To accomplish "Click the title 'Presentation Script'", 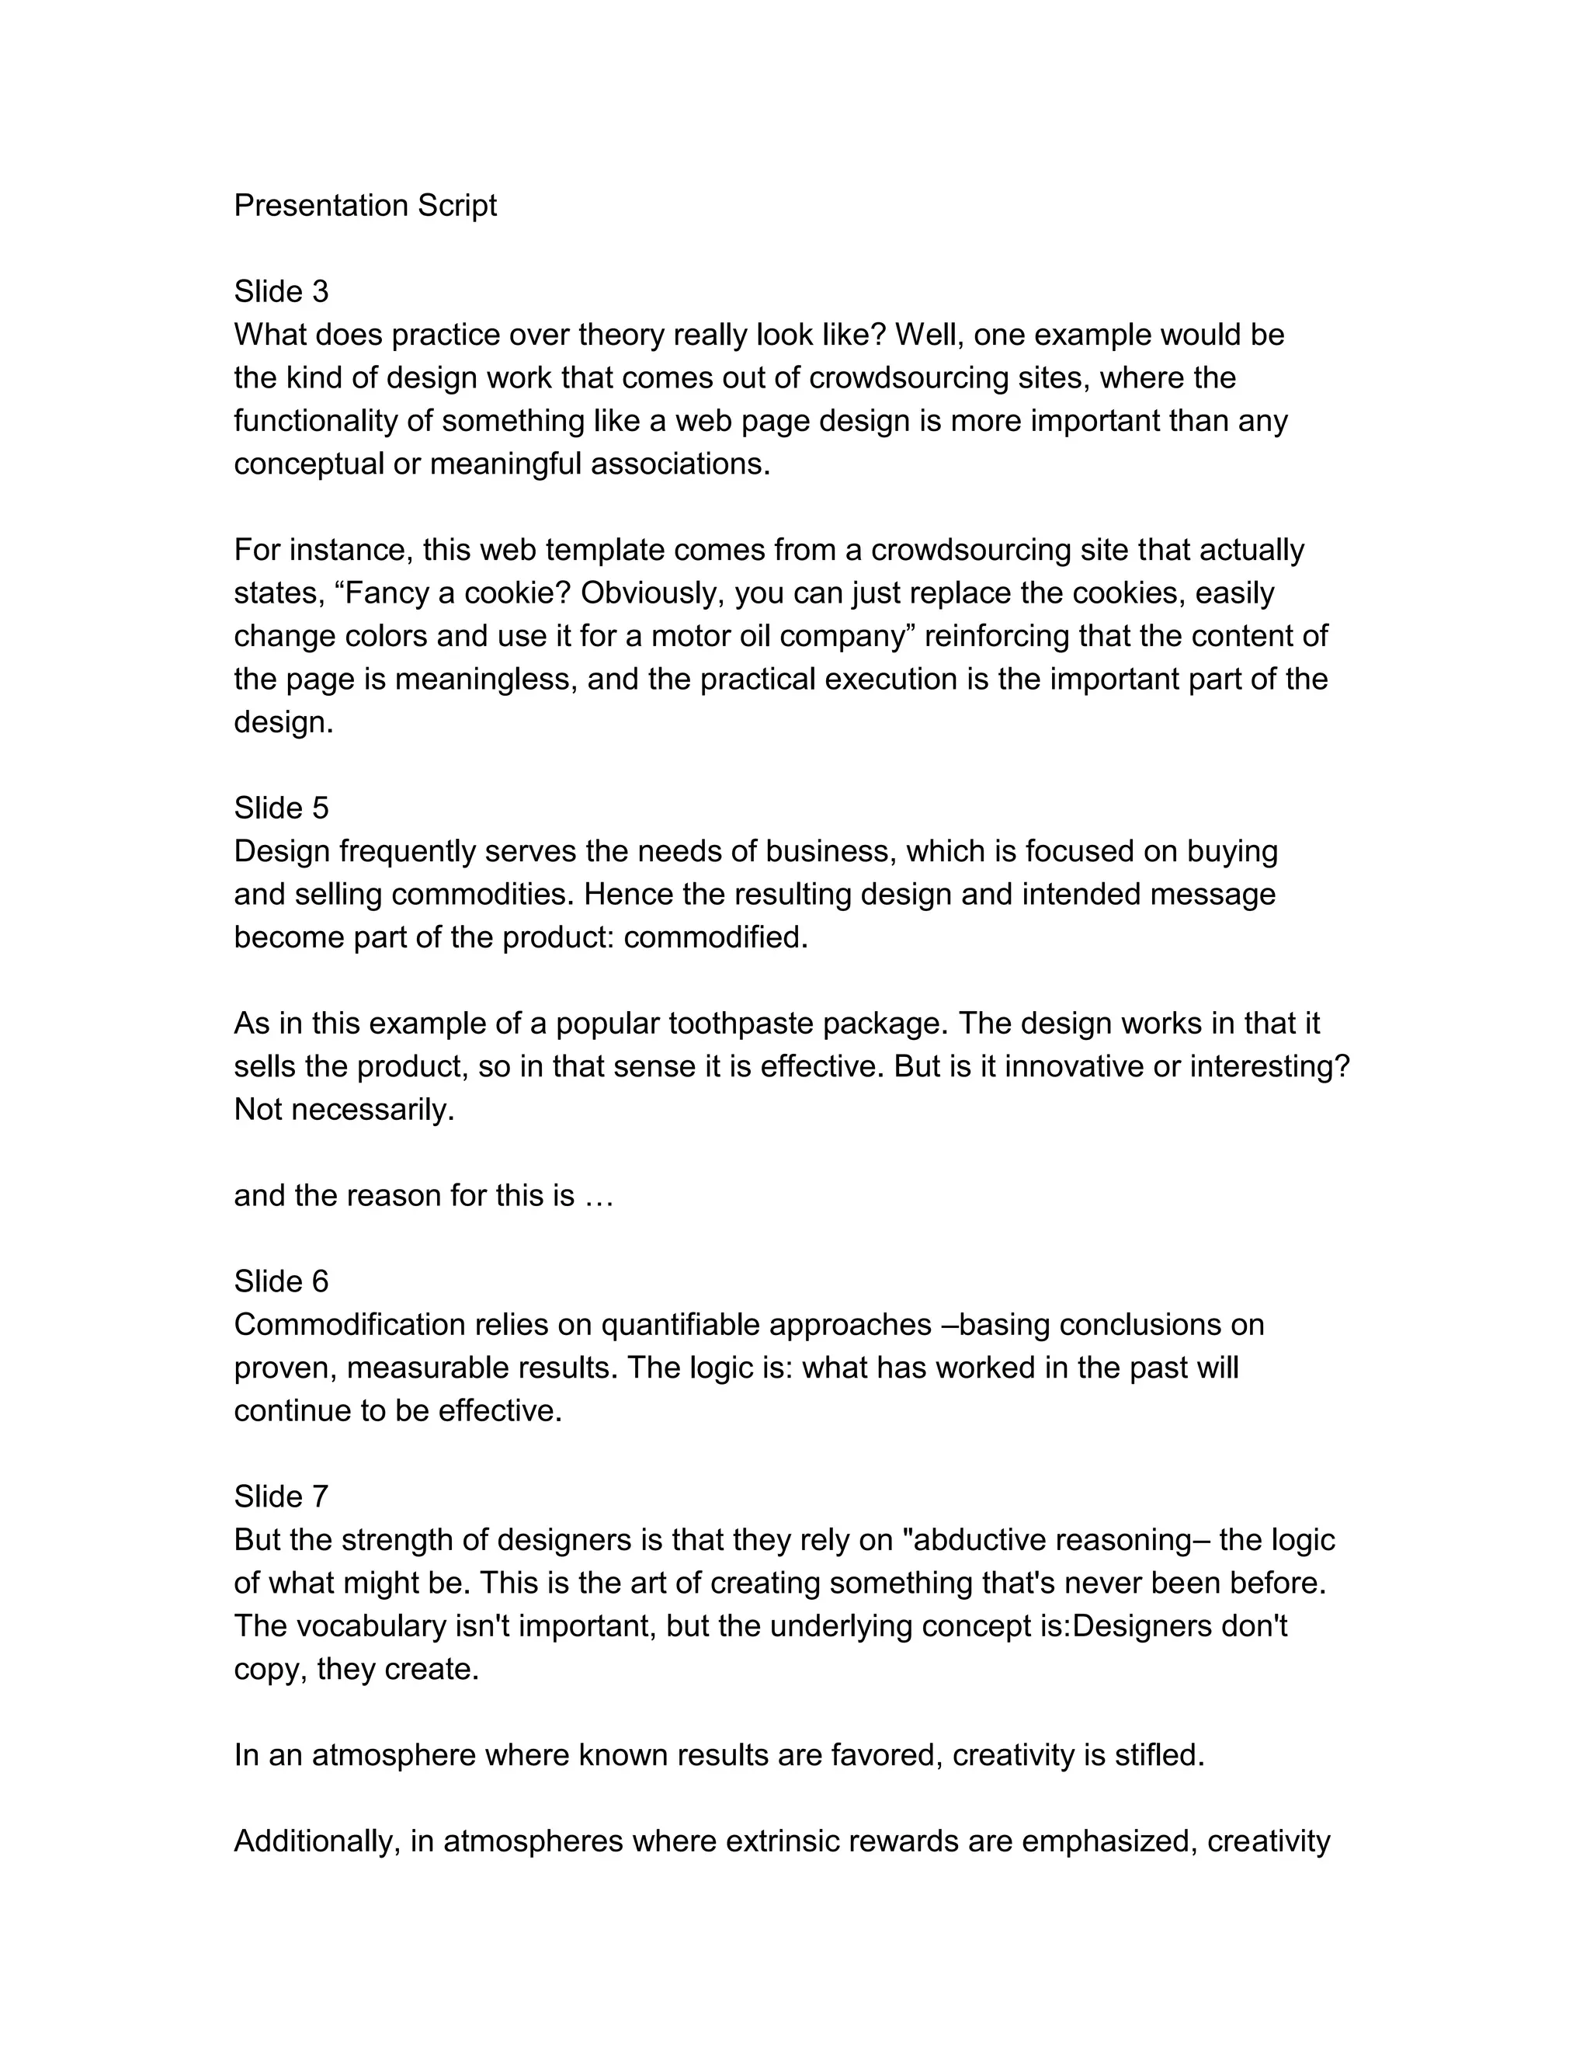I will (x=365, y=206).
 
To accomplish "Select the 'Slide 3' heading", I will (x=281, y=291).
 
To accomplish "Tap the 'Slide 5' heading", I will (x=281, y=808).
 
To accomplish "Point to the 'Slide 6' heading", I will (x=281, y=1281).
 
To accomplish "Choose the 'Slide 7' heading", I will (x=281, y=1497).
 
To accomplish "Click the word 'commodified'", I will (x=715, y=937).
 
